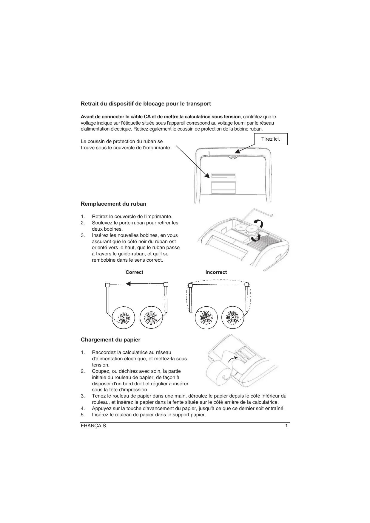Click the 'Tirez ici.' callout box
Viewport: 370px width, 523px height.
[271, 139]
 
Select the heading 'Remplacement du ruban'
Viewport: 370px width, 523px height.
[113, 204]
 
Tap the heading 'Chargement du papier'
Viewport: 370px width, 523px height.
[110, 340]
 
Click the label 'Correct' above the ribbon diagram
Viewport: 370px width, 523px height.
[134, 272]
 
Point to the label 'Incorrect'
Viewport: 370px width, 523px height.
[216, 272]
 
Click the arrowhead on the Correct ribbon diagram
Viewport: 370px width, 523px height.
[128, 284]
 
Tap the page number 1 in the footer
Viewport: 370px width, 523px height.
[286, 426]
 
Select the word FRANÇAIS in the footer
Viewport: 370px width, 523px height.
[93, 426]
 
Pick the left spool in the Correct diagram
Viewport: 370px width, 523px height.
[123, 318]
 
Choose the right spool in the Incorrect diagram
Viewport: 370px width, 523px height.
[234, 318]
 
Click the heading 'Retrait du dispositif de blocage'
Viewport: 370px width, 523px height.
[146, 104]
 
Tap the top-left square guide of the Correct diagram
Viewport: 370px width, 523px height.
[108, 285]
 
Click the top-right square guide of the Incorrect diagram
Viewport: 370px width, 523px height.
[247, 285]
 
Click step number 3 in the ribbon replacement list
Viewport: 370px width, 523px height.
[83, 235]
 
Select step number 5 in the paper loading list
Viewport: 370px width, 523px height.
[83, 415]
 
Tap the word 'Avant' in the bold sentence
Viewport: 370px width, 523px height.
[87, 117]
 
